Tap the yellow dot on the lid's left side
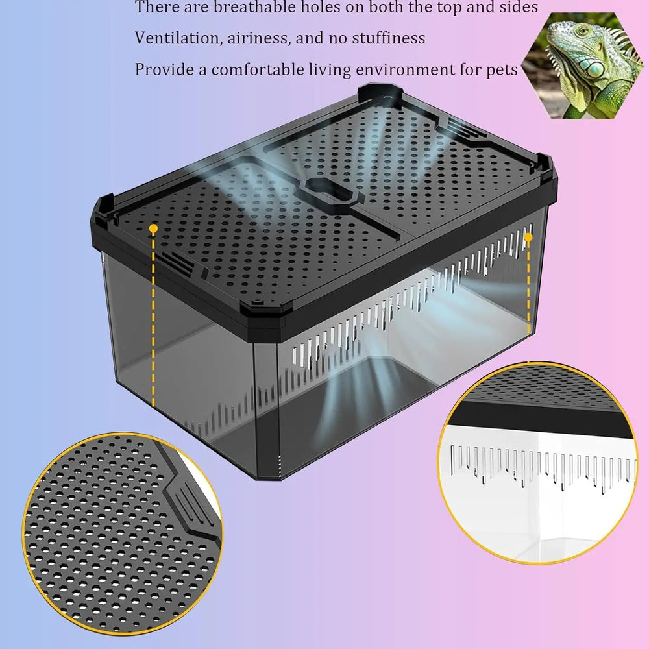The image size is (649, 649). (x=153, y=229)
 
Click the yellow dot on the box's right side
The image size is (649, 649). (x=528, y=238)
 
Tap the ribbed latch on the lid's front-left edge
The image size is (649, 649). (x=174, y=262)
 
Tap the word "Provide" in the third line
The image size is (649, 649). (x=164, y=69)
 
